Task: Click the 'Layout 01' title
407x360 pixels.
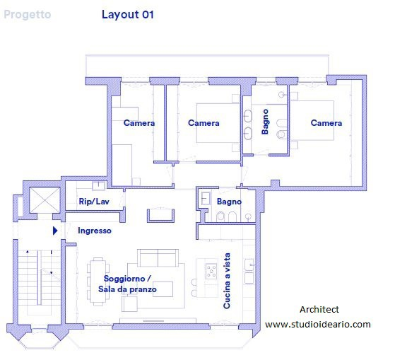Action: pos(128,15)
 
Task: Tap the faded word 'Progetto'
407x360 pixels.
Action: pos(28,15)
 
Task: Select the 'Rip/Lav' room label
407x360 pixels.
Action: pos(94,202)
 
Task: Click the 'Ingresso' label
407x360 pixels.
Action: pos(95,231)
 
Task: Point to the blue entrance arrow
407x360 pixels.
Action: pos(55,231)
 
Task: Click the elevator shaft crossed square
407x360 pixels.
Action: pos(45,200)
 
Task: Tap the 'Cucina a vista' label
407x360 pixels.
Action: pos(227,281)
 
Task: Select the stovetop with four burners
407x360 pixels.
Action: pos(211,272)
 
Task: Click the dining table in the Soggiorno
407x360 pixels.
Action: pos(98,281)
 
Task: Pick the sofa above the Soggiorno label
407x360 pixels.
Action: pos(158,257)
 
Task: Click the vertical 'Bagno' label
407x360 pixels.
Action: pos(265,122)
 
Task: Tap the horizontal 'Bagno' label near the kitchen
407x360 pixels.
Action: pos(229,202)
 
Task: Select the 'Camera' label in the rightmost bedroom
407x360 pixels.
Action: pos(326,123)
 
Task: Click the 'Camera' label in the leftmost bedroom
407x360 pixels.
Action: pos(139,123)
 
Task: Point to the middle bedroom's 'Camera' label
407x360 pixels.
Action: pos(203,123)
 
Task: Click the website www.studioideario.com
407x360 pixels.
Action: pos(318,325)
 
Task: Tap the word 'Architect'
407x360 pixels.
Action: pos(319,309)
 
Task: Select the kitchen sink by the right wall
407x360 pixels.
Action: pos(249,265)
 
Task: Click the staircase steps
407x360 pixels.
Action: pos(39,283)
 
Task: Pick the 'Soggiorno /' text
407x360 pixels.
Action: pos(127,279)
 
